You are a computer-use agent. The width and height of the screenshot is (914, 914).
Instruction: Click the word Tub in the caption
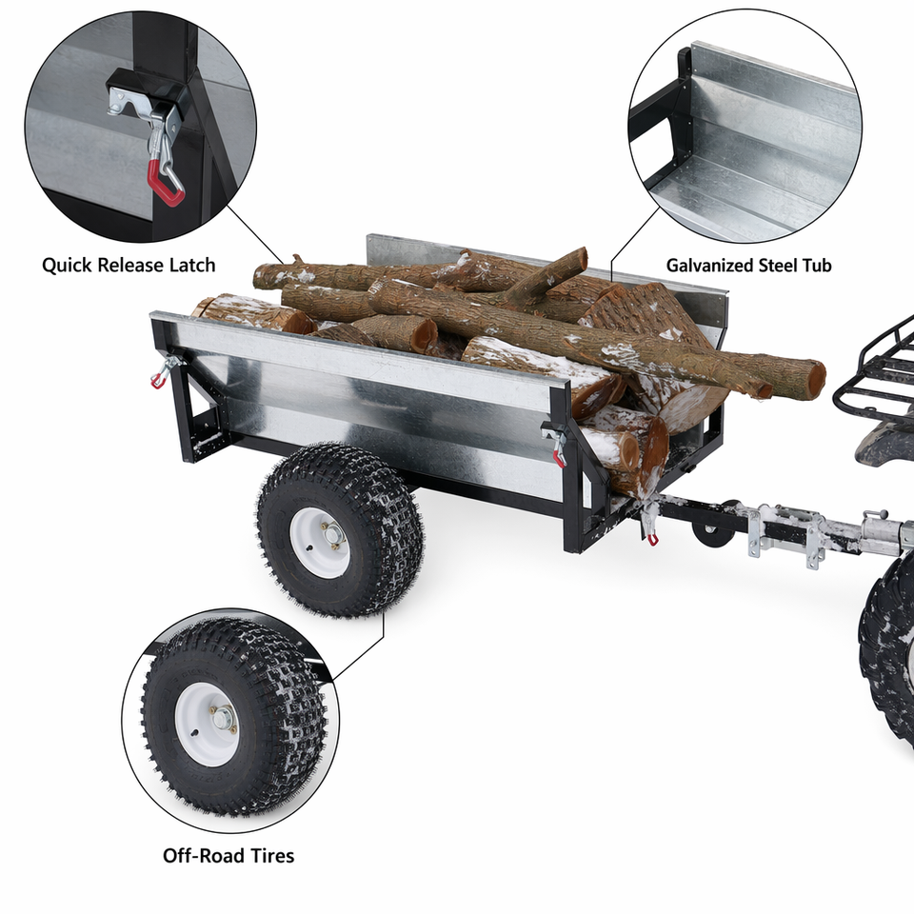pos(816,266)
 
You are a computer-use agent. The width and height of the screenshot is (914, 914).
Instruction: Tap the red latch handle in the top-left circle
pos(166,184)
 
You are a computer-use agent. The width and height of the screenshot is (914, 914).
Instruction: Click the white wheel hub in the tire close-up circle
pos(207,724)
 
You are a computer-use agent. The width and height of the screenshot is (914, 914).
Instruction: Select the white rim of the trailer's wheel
pos(320,542)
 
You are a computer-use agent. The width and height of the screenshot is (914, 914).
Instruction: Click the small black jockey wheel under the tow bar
pos(710,530)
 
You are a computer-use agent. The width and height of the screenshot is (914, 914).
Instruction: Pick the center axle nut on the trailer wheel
pos(334,534)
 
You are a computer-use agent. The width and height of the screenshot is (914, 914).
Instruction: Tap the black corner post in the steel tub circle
pos(684,93)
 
